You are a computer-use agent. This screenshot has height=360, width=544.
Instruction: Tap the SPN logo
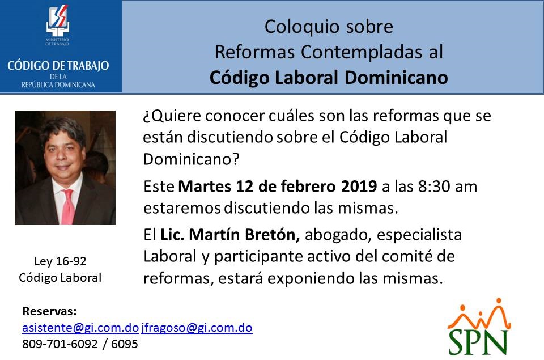[x=479, y=327]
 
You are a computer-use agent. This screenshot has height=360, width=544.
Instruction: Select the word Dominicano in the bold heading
[x=396, y=77]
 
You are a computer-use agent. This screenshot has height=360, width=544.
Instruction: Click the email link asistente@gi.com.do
[x=80, y=327]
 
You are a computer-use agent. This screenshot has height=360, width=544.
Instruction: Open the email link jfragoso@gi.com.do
[x=197, y=327]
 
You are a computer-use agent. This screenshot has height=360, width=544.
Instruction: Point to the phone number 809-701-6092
[x=60, y=344]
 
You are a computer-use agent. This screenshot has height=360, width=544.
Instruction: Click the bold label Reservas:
[x=49, y=311]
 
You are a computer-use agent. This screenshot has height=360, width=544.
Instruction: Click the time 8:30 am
[x=448, y=187]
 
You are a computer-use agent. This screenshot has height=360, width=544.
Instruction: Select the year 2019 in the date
[x=359, y=187]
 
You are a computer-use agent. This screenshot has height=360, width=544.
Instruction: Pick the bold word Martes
[x=205, y=187]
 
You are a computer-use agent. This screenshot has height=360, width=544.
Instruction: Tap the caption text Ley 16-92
[x=61, y=261]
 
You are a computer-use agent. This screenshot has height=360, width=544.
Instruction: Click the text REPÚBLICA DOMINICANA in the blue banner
[x=58, y=84]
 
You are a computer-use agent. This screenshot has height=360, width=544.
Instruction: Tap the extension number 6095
[x=125, y=344]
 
